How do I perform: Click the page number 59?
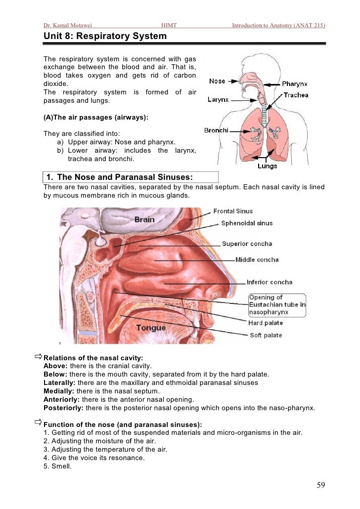point(321,485)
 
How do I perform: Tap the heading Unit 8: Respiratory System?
point(105,37)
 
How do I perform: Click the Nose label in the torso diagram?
point(217,81)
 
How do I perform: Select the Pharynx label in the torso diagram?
point(295,84)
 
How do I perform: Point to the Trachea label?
point(296,95)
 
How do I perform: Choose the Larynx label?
point(218,99)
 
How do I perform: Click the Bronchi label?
point(216,130)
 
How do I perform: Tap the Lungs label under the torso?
point(267,166)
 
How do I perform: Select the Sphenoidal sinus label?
point(247,223)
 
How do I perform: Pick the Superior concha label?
point(247,244)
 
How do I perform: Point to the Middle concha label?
point(257,259)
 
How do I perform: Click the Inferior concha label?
point(270,282)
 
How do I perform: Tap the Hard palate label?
point(266,323)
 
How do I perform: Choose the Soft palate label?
point(265,335)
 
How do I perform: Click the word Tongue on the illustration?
point(151,328)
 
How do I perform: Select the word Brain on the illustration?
point(144,219)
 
